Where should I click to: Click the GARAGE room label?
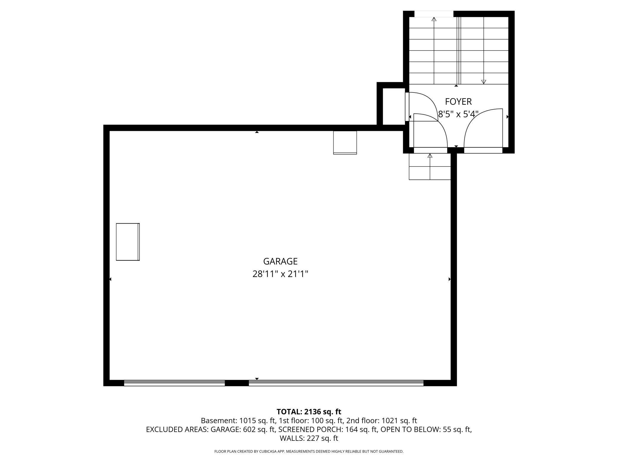pos(280,261)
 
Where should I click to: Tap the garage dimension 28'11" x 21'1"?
pos(280,274)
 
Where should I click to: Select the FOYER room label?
pos(458,102)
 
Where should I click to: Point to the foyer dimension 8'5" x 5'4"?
pos(458,114)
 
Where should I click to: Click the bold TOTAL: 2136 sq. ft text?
pos(309,412)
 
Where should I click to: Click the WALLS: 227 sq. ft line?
pos(309,438)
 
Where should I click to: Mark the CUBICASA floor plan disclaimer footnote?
pos(309,452)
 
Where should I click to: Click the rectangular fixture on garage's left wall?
pos(128,242)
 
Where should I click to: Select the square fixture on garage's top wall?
pos(345,142)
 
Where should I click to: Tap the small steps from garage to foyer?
pos(430,167)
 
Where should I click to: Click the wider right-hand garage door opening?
pos(336,383)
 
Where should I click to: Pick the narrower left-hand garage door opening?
pos(174,383)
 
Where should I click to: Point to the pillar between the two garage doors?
pos(237,383)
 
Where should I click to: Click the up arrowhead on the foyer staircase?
pos(434,19)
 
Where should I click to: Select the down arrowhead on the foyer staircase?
pos(483,82)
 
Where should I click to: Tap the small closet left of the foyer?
pos(394,106)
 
